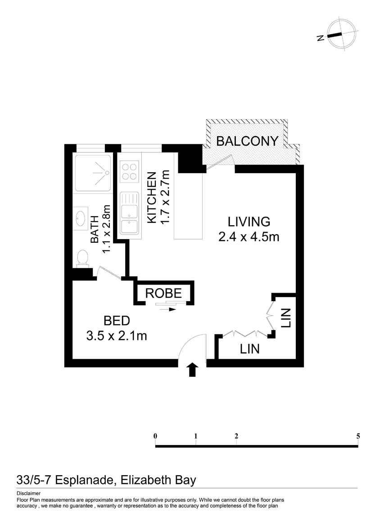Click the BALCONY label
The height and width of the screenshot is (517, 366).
coord(247,141)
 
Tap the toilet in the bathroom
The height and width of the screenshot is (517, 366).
coord(82,258)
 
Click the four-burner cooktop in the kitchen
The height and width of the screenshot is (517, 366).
coord(129,171)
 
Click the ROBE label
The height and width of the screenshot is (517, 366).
coord(163,293)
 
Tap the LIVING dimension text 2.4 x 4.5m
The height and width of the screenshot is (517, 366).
coord(249,237)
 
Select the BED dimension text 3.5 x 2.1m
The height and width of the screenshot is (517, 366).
coord(117,336)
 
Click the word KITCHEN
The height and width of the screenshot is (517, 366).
coord(151,198)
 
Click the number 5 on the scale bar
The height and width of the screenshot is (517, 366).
coord(358,436)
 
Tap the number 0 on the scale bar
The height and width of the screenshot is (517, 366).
coord(155,436)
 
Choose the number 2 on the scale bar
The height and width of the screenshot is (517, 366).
coord(236,436)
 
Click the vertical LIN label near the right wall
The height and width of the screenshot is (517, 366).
coord(285,318)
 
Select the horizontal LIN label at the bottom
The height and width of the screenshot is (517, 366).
coord(250,348)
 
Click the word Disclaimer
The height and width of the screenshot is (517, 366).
coord(28,494)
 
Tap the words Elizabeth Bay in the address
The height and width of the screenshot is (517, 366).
coord(158,480)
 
